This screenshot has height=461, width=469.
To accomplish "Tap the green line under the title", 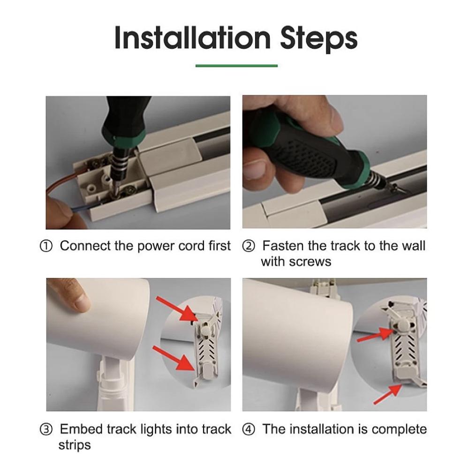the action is (236, 66).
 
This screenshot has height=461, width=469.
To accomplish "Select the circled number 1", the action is (46, 246).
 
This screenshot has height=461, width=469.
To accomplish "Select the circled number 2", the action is (249, 246).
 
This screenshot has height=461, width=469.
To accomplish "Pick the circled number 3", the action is (46, 430).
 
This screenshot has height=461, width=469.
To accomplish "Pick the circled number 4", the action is (249, 430).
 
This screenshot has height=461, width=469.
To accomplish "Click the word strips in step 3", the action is (75, 445).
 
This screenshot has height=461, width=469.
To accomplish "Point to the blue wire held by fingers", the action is (81, 208).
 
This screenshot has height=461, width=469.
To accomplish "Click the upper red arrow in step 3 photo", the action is (177, 310).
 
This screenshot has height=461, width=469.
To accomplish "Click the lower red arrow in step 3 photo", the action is (174, 358).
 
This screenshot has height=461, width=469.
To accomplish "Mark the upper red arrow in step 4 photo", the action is (374, 334).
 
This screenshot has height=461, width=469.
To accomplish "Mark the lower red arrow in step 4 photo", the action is (388, 394).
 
